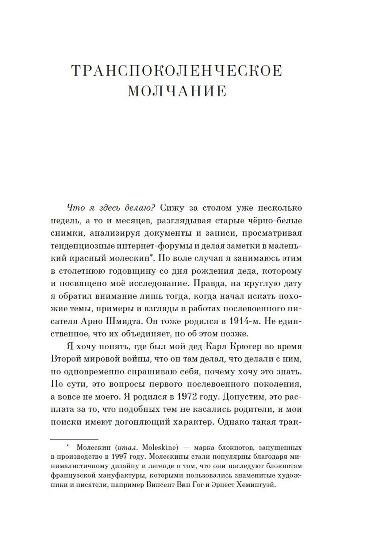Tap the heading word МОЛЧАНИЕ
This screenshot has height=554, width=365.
pos(177,91)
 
